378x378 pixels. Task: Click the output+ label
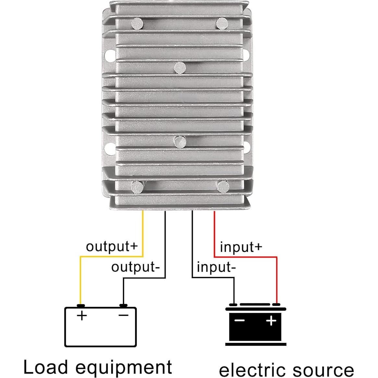point(112,247)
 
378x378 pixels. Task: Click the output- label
point(136,267)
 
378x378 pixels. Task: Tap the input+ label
point(241,247)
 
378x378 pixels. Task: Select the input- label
point(216,267)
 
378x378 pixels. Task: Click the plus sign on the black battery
point(271,321)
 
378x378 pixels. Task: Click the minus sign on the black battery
point(239,321)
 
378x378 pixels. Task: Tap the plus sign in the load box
point(82,315)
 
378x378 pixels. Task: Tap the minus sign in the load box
point(123,315)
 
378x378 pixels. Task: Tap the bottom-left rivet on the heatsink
point(137,187)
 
